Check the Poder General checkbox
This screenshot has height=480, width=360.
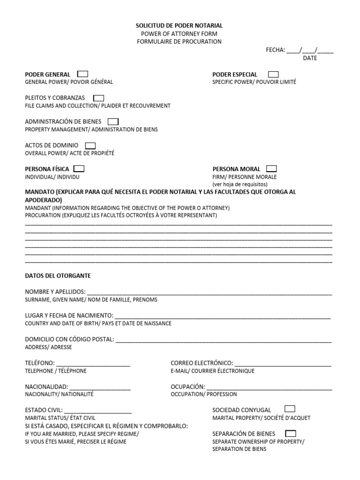82,74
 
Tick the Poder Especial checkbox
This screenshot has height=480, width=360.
273,74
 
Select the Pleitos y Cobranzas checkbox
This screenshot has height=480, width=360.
98,98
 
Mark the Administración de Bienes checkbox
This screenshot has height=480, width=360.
113,121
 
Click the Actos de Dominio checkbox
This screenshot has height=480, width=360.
90,145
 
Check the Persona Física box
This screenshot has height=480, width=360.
79,169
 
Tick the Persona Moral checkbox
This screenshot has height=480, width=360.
271,169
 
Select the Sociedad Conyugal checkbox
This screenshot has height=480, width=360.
290,409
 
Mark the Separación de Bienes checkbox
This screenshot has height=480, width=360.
291,433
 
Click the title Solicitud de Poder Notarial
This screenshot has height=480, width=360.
180,25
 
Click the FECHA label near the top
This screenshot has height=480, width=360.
275,50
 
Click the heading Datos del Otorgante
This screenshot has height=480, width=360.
58,276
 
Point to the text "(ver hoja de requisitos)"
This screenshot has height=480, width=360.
240,184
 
